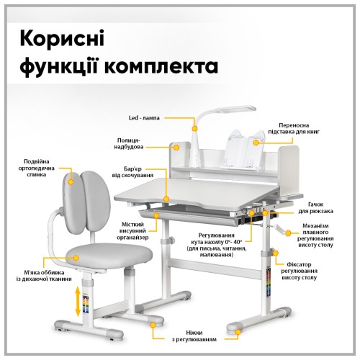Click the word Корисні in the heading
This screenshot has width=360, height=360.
62,38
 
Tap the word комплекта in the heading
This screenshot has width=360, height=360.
162,66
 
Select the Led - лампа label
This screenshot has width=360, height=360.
144,118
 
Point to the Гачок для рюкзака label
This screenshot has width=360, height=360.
316,208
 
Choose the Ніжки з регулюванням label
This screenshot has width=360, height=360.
194,336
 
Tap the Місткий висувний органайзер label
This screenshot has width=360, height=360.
132,231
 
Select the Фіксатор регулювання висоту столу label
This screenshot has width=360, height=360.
300,271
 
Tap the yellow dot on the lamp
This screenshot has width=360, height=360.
194,129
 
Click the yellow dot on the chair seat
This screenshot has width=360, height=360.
76,258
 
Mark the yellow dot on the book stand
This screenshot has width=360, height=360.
256,143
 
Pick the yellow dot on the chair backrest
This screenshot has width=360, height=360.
71,182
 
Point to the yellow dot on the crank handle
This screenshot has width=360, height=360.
288,233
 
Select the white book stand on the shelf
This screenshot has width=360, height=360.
243,149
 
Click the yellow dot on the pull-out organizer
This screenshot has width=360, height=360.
157,215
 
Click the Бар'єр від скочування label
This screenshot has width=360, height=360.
132,172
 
